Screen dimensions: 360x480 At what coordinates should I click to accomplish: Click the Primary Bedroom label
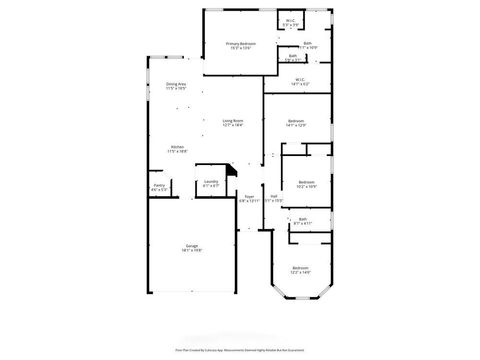(x=240, y=44)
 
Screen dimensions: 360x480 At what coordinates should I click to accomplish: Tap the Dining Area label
(x=177, y=84)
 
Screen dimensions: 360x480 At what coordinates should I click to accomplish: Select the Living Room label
(x=233, y=120)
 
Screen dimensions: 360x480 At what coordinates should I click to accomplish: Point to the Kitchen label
(x=176, y=147)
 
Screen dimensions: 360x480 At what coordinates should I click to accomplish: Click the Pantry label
(x=159, y=185)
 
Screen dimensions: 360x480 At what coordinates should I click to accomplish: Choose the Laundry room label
(x=211, y=182)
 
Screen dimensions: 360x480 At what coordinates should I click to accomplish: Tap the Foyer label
(x=248, y=196)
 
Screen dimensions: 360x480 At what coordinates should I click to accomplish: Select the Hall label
(x=274, y=196)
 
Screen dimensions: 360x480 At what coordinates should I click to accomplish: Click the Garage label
(x=190, y=246)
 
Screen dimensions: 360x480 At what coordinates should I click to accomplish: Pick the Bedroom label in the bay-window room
(x=300, y=268)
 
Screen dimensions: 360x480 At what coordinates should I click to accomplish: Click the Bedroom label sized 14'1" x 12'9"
(x=295, y=120)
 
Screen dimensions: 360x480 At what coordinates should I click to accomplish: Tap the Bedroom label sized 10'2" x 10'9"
(x=306, y=182)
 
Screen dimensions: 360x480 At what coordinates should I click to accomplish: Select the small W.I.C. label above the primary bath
(x=290, y=21)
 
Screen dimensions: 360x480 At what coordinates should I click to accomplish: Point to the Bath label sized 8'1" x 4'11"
(x=302, y=219)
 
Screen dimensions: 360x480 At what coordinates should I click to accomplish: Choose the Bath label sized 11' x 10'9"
(x=307, y=43)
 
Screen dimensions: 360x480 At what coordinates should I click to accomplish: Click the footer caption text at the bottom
(x=240, y=351)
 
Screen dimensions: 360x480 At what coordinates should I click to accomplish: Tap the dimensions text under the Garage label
(x=190, y=251)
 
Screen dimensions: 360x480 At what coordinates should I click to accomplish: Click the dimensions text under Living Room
(x=233, y=125)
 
